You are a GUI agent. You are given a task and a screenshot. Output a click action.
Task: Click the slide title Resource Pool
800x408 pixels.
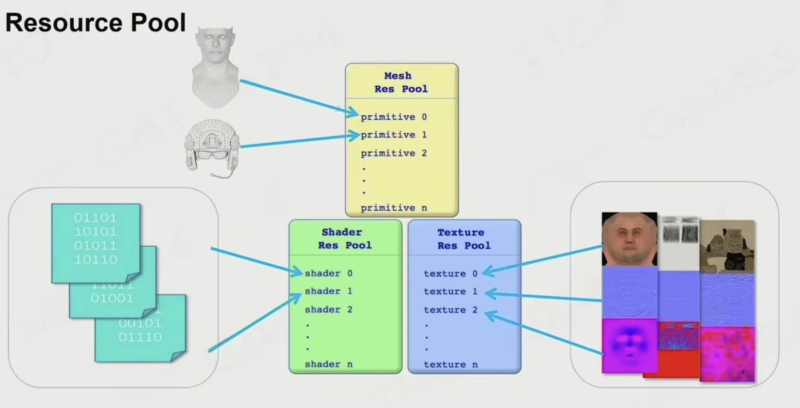[95, 23]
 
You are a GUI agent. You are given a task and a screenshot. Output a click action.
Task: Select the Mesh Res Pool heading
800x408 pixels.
[401, 82]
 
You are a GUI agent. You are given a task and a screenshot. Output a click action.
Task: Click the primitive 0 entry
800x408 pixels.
[393, 117]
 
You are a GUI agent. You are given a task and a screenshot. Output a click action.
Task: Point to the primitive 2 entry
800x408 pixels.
[393, 153]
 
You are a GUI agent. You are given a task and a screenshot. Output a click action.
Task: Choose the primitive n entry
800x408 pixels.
[393, 208]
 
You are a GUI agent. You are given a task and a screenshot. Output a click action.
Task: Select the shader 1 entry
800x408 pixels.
[328, 291]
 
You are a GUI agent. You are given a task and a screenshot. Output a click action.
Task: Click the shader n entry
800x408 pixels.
[328, 364]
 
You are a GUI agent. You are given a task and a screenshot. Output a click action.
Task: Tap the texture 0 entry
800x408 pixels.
[450, 274]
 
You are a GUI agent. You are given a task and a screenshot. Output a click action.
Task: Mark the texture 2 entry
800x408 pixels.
[450, 310]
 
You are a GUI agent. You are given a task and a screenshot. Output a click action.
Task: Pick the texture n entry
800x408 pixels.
[450, 365]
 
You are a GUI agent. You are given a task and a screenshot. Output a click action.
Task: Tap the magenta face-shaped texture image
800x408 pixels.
[629, 345]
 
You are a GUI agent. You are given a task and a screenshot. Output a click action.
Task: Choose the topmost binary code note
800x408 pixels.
[96, 242]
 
